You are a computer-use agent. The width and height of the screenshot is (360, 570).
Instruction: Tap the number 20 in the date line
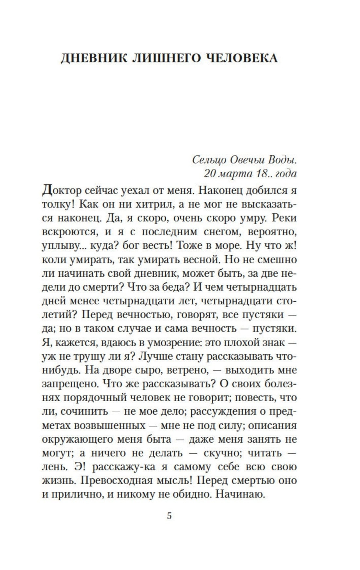(209, 173)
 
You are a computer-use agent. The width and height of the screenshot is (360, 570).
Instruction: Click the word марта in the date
(235, 173)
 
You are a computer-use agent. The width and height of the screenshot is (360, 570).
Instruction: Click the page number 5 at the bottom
(169, 516)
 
